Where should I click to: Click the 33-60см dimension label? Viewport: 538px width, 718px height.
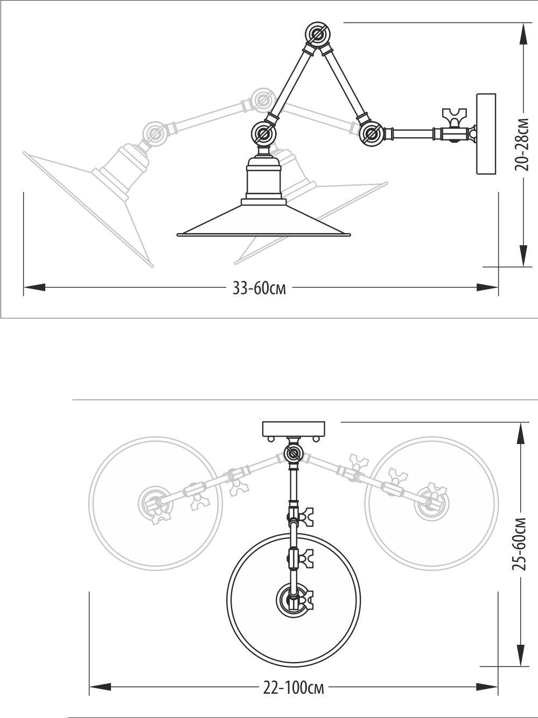(259, 288)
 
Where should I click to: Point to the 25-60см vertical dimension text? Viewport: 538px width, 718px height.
(519, 544)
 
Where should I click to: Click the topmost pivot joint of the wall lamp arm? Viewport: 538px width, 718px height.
(317, 34)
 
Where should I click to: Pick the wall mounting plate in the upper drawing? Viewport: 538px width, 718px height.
(486, 134)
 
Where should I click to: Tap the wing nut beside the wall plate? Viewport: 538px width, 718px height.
(454, 117)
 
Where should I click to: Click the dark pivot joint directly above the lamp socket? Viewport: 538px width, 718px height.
(263, 133)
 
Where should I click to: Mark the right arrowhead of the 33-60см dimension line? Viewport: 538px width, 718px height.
(487, 287)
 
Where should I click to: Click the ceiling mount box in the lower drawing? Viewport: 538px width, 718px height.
(294, 429)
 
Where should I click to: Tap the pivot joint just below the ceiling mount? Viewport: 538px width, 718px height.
(294, 453)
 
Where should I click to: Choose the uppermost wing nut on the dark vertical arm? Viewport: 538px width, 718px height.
(306, 517)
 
